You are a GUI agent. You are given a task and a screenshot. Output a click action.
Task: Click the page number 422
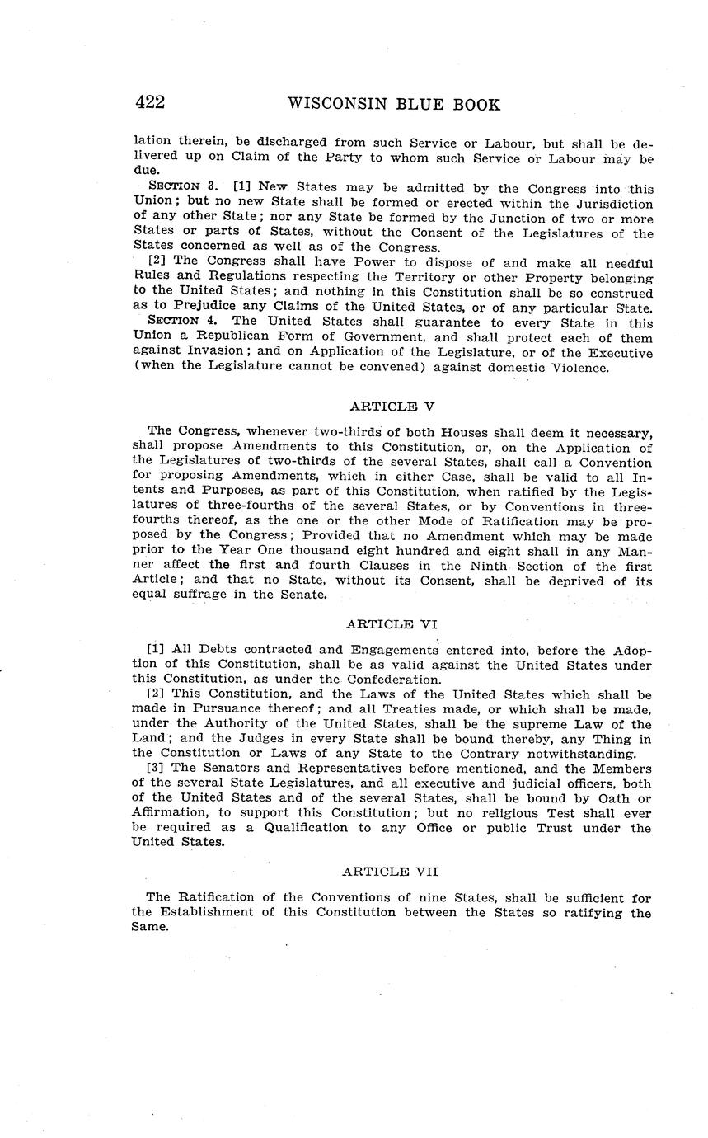click(x=150, y=103)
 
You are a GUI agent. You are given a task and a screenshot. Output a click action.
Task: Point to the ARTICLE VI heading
click(x=392, y=624)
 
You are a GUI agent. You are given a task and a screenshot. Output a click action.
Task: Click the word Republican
click(x=225, y=337)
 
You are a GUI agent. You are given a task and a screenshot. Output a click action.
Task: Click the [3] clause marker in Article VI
click(x=155, y=769)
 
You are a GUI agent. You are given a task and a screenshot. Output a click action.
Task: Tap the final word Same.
click(x=149, y=927)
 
